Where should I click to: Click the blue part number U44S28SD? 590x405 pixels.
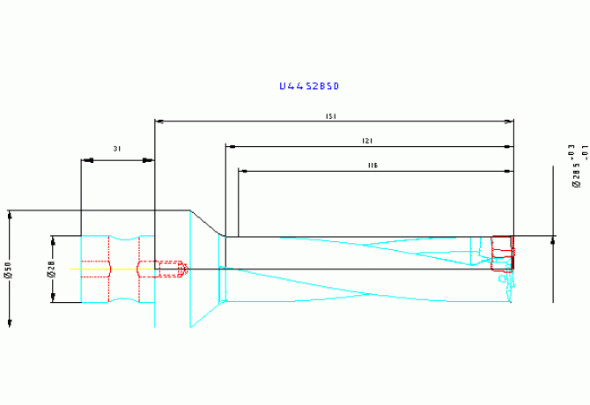click(308, 86)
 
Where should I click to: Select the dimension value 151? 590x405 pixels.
click(330, 116)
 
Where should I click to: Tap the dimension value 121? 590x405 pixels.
click(368, 141)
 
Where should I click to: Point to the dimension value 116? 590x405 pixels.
click(372, 166)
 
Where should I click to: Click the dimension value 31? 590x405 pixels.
click(117, 150)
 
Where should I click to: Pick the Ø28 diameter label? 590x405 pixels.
click(50, 269)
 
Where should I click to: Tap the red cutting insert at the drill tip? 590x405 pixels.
click(501, 252)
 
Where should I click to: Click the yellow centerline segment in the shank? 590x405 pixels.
click(123, 269)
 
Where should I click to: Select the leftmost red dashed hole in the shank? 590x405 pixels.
click(95, 269)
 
